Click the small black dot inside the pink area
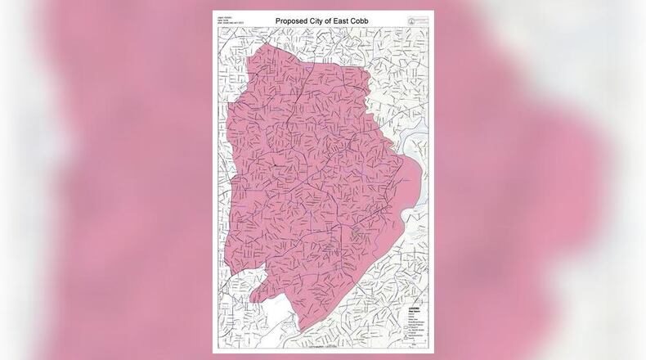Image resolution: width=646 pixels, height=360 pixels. tap(276, 164)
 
